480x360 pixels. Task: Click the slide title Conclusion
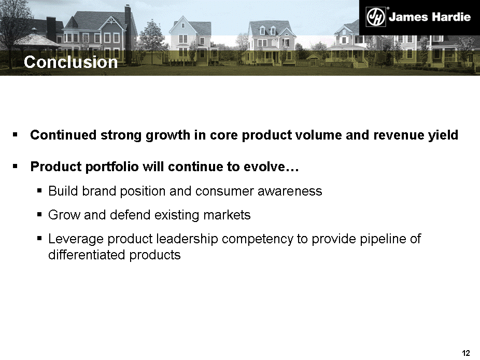point(70,62)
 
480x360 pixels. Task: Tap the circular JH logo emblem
point(376,17)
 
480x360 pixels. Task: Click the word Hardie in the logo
point(450,17)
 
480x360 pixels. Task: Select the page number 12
point(465,353)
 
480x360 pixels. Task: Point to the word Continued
point(63,135)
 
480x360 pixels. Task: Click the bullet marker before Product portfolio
point(15,167)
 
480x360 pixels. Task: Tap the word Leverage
point(76,239)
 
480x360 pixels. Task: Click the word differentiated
point(87,255)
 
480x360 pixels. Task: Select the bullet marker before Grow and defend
point(39,214)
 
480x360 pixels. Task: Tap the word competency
point(258,239)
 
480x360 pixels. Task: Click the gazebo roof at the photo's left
point(37,40)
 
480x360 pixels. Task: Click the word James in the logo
point(408,17)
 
